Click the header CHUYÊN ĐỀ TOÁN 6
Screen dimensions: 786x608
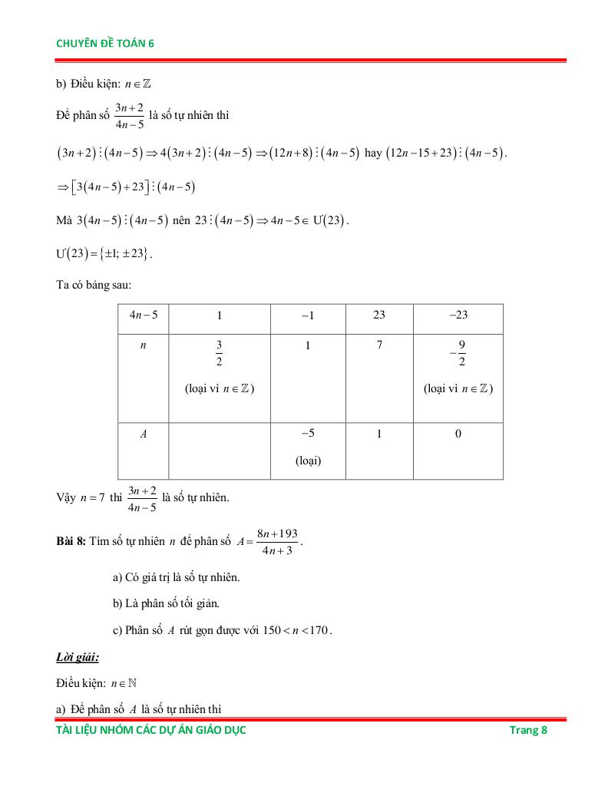pos(105,44)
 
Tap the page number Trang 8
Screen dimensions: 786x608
pos(528,730)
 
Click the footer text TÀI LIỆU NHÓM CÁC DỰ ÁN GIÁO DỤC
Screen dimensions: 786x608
pos(151,730)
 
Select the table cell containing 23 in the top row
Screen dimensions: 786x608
pos(379,315)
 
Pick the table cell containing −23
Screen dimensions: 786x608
pos(458,315)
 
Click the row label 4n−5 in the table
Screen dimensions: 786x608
pos(143,315)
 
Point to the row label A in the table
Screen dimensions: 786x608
pos(143,434)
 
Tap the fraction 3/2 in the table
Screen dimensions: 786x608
pos(219,354)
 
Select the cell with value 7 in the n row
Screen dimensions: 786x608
pos(379,345)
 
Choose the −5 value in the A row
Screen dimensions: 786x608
pos(308,434)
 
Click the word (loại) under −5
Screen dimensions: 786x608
pos(308,461)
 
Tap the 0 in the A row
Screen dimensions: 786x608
pos(458,434)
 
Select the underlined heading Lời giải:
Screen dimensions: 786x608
pos(78,658)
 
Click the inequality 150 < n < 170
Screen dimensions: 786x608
pos(296,630)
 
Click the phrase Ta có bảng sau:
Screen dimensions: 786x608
pos(94,285)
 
